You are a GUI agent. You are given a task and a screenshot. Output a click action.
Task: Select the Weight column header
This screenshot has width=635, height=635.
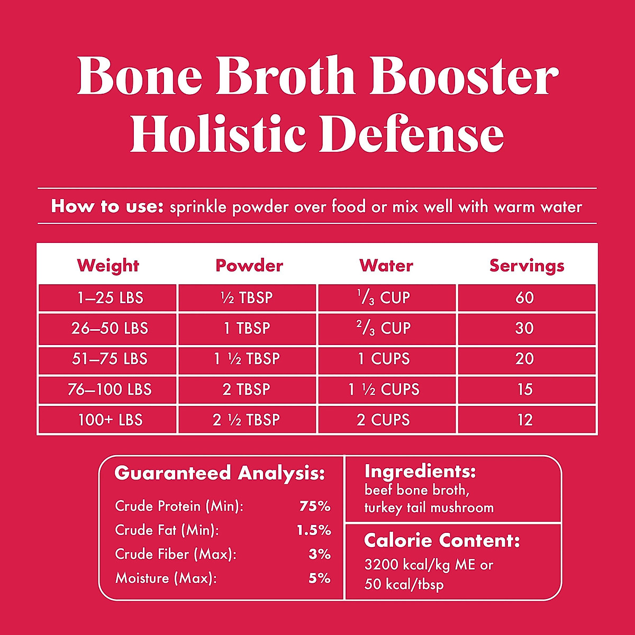pyautogui.click(x=108, y=266)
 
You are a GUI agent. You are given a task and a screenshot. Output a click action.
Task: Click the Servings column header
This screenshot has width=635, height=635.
pyautogui.click(x=527, y=266)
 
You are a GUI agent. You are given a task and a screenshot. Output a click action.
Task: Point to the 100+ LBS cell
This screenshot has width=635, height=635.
pyautogui.click(x=110, y=420)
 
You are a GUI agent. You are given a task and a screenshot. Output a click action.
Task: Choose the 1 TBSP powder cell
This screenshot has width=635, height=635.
pyautogui.click(x=247, y=329)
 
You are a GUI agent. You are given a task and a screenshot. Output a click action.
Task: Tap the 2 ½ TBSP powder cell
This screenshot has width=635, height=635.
pyautogui.click(x=247, y=420)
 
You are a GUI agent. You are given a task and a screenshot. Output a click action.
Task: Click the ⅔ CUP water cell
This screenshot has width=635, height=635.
pyautogui.click(x=386, y=329)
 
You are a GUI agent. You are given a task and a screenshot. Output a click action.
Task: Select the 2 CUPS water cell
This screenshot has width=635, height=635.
pyautogui.click(x=383, y=420)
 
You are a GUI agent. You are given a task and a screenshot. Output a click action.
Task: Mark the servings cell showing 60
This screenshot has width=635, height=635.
pyautogui.click(x=524, y=298)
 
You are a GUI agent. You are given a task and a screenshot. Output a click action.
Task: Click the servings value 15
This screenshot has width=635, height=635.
pyautogui.click(x=524, y=390)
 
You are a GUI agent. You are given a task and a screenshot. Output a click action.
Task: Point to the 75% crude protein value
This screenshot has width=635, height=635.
pyautogui.click(x=315, y=506)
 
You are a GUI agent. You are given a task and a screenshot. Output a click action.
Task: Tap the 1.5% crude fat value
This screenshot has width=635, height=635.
pyautogui.click(x=314, y=530)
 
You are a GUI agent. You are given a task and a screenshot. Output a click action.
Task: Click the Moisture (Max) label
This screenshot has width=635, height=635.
pyautogui.click(x=166, y=578)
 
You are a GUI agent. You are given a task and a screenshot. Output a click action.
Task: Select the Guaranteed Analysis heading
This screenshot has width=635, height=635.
pyautogui.click(x=220, y=473)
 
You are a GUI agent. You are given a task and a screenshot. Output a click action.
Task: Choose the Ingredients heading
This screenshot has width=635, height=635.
pyautogui.click(x=420, y=471)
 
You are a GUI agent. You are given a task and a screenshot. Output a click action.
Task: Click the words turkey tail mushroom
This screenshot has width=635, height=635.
pyautogui.click(x=429, y=508)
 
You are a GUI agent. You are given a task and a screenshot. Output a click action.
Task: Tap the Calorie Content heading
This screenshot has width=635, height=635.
pyautogui.click(x=442, y=541)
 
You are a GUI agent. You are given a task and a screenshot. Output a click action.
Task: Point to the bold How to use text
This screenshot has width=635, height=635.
pyautogui.click(x=107, y=206)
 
